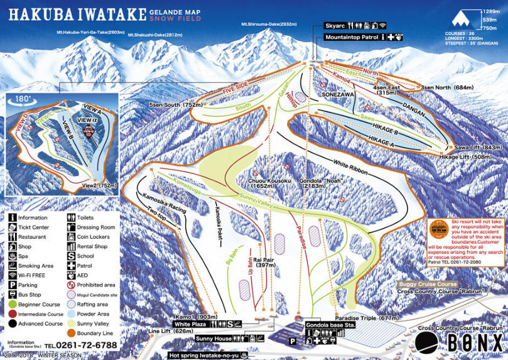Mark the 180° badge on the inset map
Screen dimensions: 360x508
[x=23, y=99]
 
